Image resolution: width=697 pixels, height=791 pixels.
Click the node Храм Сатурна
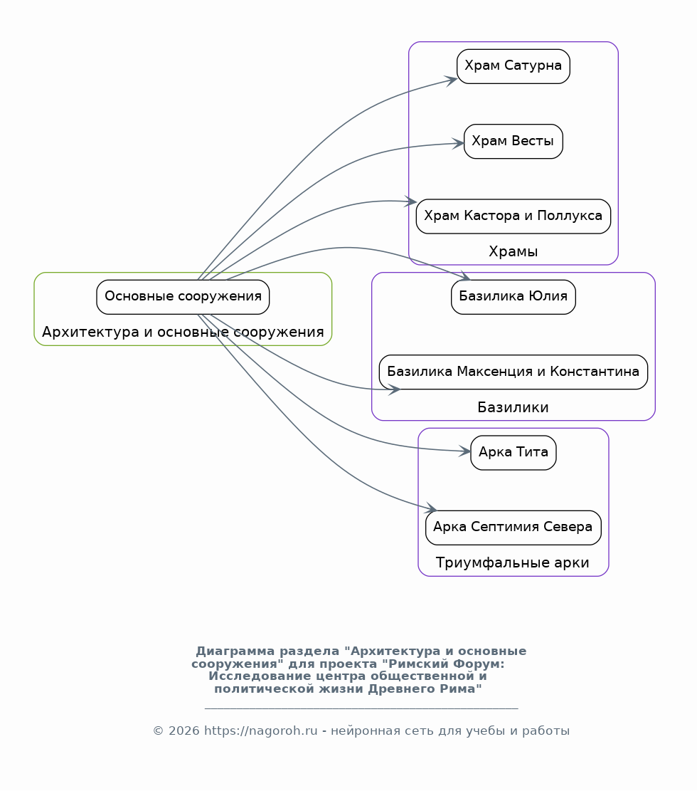point(513,66)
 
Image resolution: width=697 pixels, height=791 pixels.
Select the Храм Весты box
point(513,141)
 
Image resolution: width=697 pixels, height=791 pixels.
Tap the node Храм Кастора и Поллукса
point(513,216)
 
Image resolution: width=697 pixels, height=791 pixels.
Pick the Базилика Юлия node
point(513,297)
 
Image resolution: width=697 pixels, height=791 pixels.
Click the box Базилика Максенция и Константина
point(513,372)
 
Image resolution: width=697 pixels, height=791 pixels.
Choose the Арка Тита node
point(513,453)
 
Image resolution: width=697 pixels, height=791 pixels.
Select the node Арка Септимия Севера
point(513,528)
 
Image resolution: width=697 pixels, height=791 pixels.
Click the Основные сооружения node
point(183,297)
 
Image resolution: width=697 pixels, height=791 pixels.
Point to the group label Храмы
point(513,251)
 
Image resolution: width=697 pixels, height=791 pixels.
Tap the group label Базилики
point(513,407)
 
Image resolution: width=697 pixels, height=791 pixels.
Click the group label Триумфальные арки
point(513,562)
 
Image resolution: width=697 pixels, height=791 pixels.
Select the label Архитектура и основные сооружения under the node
point(183,332)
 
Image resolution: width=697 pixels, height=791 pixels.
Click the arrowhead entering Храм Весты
point(457,144)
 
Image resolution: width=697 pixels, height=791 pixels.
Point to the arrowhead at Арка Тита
point(464,451)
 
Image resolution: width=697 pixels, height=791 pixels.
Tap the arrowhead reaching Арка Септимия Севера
point(430,508)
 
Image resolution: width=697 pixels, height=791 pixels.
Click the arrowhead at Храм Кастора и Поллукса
point(410,201)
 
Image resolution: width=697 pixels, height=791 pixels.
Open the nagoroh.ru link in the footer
point(260,730)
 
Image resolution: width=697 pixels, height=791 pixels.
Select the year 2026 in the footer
point(184,730)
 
